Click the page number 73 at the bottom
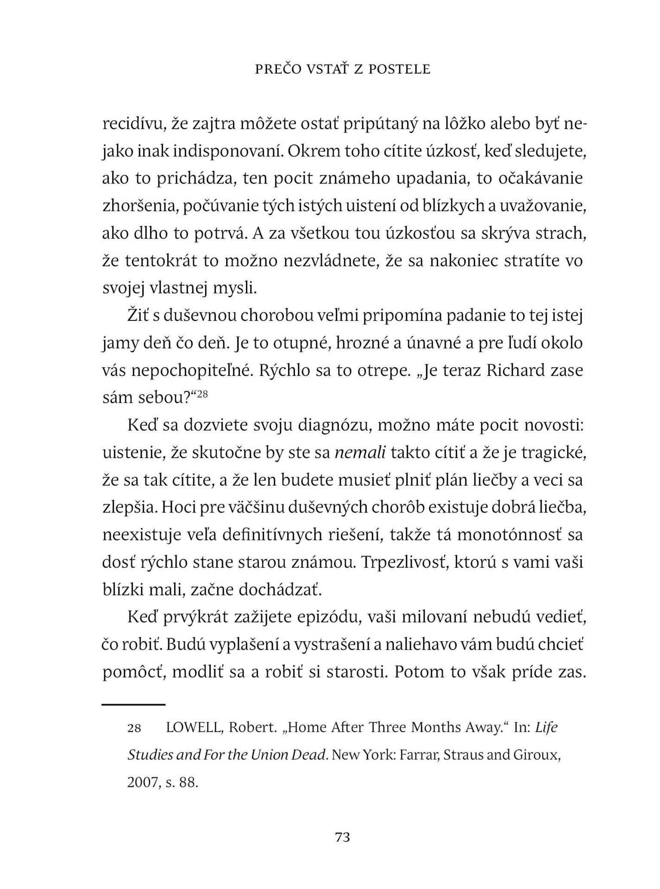(342, 837)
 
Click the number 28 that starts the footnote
(134, 728)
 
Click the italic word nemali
(360, 452)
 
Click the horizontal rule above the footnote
(134, 705)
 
